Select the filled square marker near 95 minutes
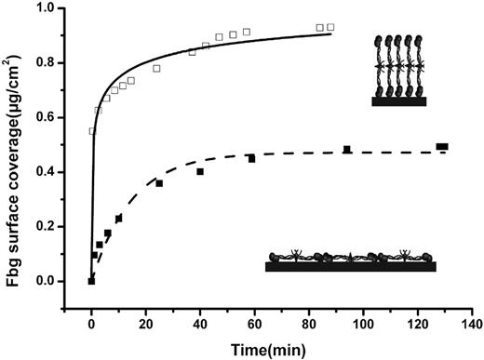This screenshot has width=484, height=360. pos(347,150)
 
